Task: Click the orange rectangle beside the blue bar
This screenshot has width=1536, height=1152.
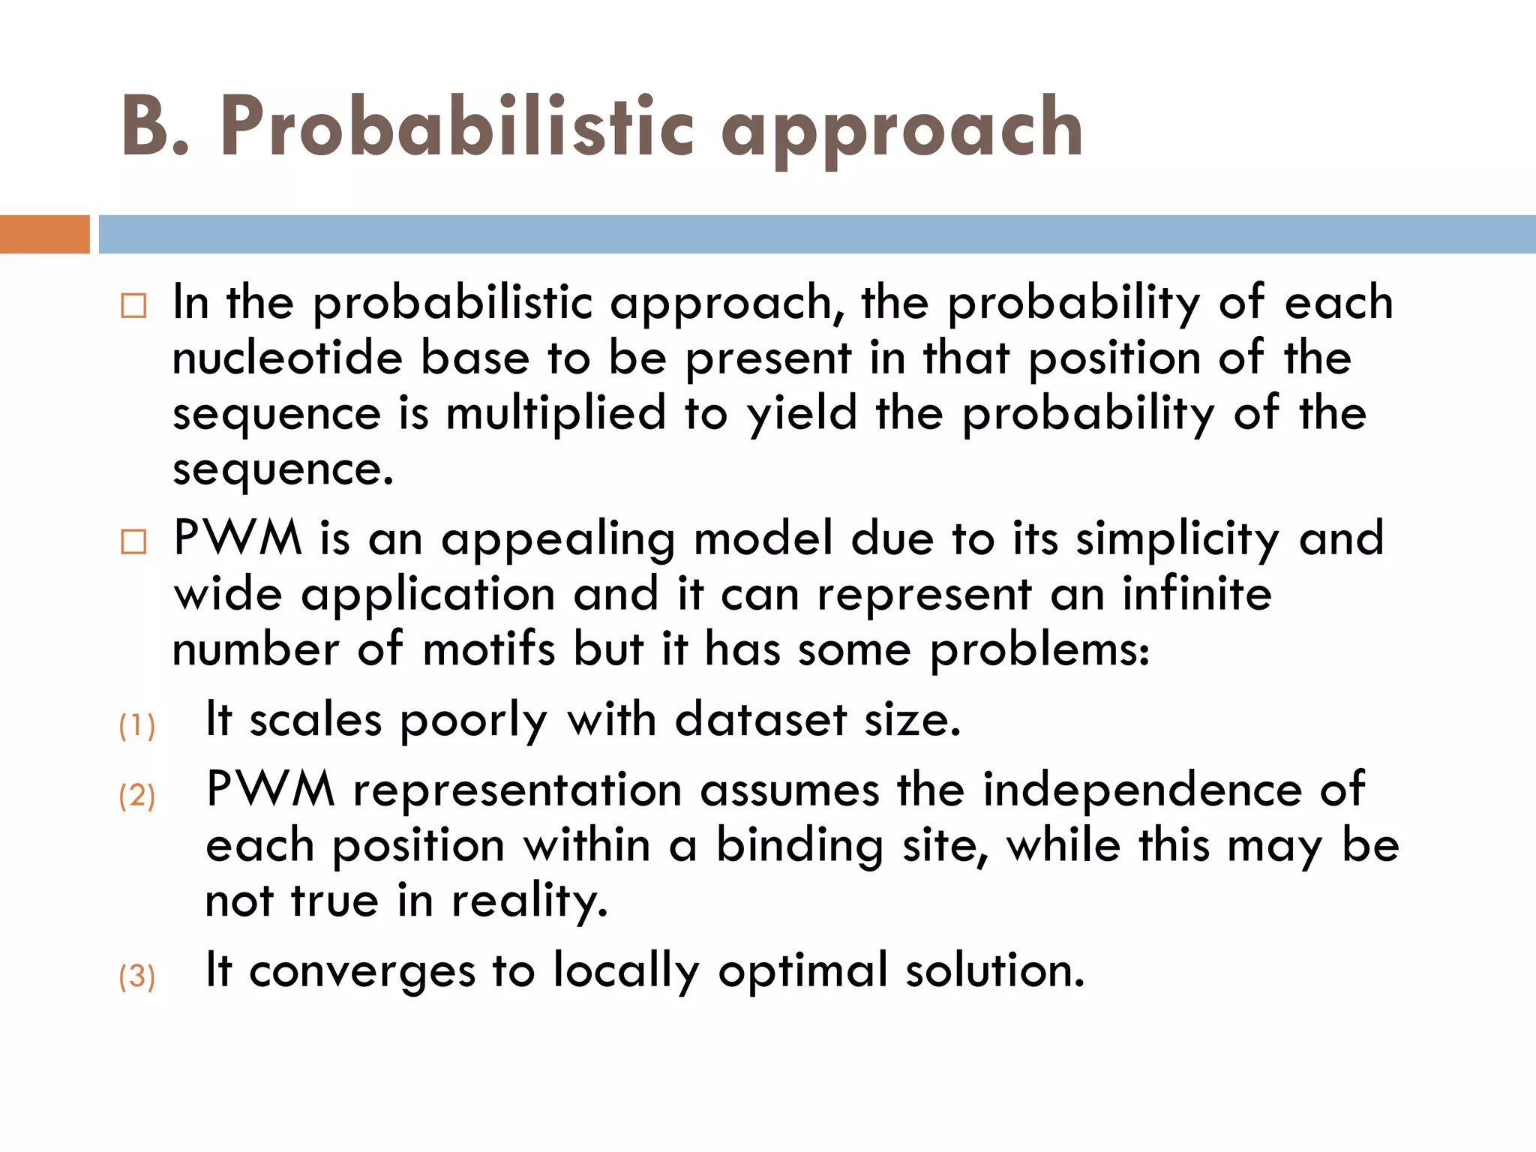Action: tap(44, 234)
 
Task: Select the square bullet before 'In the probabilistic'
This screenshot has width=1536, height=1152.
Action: tap(133, 306)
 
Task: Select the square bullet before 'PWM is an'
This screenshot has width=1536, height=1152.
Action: tap(133, 541)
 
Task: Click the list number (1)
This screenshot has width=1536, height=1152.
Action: tap(137, 726)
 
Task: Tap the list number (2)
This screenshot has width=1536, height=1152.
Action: tap(137, 796)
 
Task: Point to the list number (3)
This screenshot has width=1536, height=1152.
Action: tap(137, 976)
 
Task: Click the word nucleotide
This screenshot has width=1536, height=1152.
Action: tap(287, 358)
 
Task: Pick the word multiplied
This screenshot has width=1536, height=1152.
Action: tap(556, 415)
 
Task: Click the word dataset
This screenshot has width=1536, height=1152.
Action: tap(760, 720)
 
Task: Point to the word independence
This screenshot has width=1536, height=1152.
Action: tap(1142, 790)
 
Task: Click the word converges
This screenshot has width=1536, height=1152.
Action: tap(362, 972)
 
